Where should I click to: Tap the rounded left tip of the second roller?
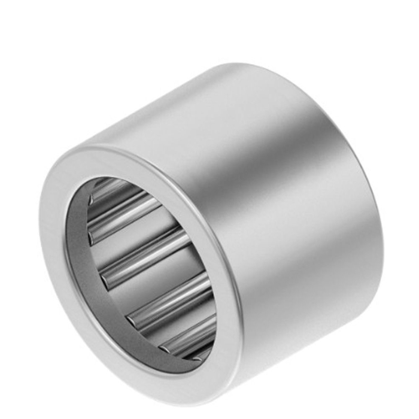click(x=92, y=237)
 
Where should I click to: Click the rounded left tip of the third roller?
click(x=105, y=279)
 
